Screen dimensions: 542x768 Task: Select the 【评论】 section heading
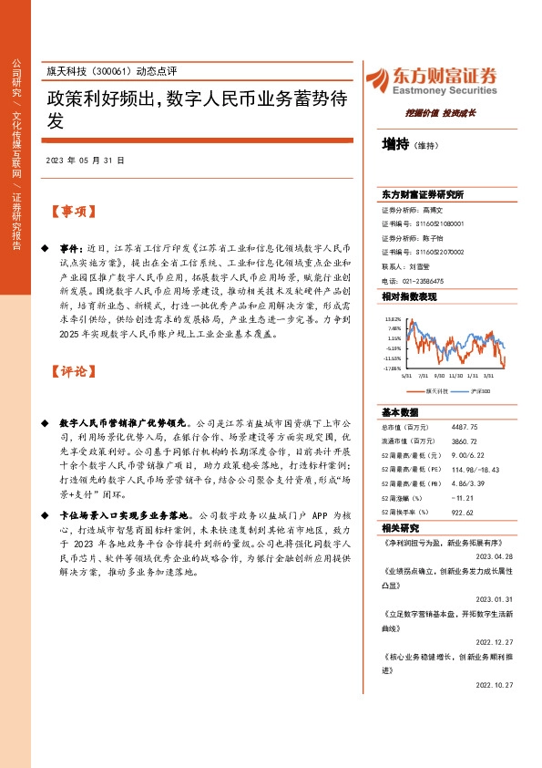pyautogui.click(x=73, y=371)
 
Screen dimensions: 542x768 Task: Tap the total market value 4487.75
pyautogui.click(x=456, y=427)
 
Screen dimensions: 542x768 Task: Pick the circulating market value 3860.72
pyautogui.click(x=456, y=441)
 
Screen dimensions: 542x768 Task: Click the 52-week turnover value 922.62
pyautogui.click(x=455, y=513)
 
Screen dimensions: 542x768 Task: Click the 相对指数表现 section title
pyautogui.click(x=409, y=297)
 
